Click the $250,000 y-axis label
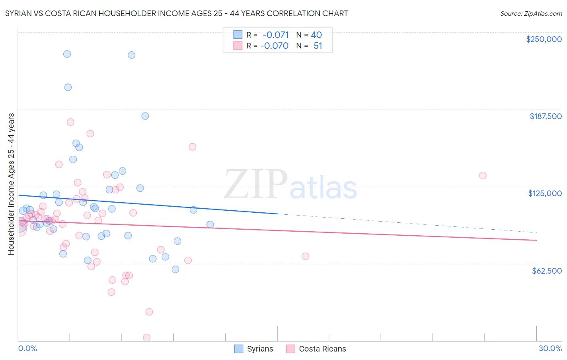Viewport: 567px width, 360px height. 544,39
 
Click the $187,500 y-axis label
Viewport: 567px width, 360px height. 545,116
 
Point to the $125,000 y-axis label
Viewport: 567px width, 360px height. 545,193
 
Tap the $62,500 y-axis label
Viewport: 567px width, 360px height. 546,271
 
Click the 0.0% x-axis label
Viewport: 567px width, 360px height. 27,348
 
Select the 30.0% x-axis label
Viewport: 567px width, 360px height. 550,348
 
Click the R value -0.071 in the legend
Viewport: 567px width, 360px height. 275,35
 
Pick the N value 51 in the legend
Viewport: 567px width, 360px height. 318,46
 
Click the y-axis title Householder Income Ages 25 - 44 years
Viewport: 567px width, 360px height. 11,184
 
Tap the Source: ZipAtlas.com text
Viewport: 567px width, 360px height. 531,13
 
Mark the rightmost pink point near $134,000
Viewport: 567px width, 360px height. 483,176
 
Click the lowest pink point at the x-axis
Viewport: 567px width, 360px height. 147,337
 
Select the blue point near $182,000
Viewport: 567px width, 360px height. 145,116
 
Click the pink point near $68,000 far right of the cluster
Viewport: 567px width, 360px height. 305,256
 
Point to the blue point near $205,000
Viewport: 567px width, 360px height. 68,87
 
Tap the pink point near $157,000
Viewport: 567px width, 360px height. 192,147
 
